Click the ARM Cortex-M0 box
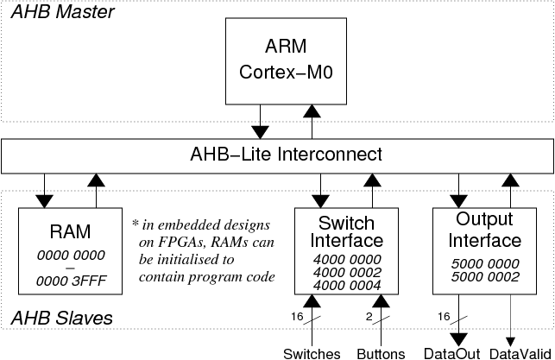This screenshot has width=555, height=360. (286, 61)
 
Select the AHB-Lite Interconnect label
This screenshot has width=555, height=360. (286, 155)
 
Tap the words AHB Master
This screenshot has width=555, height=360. (63, 12)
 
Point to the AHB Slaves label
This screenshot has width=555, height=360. (62, 318)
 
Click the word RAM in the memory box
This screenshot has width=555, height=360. (70, 232)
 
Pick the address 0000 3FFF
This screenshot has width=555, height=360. (71, 281)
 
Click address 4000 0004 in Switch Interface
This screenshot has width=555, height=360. (347, 285)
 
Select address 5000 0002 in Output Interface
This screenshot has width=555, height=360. (485, 277)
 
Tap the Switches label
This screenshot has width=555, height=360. (312, 354)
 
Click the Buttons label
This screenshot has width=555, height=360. (381, 354)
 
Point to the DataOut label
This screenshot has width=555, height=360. (452, 354)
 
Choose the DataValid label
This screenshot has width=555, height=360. (520, 354)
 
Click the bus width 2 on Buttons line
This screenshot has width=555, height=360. (369, 317)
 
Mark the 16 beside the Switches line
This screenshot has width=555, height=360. (297, 317)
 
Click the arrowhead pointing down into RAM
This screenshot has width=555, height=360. (44, 201)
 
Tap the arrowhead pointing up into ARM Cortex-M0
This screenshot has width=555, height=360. (312, 111)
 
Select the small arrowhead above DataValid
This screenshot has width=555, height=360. (510, 342)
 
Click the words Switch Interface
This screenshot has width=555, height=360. (346, 232)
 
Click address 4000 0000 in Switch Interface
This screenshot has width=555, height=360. (347, 260)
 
